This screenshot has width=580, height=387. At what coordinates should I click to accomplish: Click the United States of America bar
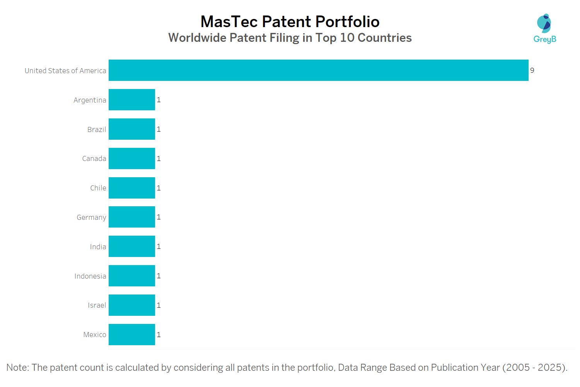click(318, 70)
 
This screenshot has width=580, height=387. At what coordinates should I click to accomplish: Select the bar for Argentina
click(132, 99)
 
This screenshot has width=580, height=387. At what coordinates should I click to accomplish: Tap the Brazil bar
click(132, 129)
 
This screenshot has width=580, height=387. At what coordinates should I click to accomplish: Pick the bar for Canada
click(132, 158)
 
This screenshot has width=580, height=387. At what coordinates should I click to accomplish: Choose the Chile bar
click(132, 188)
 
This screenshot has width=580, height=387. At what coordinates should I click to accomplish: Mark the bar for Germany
click(132, 217)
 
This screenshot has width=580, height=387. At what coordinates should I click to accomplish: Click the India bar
click(132, 246)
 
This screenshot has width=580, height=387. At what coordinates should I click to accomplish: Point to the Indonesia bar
click(132, 276)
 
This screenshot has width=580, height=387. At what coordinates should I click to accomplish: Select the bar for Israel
click(132, 305)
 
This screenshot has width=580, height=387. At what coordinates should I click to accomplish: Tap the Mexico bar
click(132, 334)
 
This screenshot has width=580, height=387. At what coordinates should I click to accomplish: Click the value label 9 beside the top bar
click(532, 70)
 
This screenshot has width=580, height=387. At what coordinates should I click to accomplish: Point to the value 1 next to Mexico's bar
click(159, 334)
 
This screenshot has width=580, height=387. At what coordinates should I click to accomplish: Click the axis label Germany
click(91, 217)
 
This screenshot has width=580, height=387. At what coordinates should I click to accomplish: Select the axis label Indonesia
click(90, 276)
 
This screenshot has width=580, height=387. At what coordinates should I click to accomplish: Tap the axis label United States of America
click(65, 71)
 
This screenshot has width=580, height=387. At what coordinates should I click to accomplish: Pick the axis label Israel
click(97, 305)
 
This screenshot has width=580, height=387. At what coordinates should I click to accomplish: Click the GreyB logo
click(544, 28)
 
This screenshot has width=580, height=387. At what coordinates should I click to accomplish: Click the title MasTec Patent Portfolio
click(290, 22)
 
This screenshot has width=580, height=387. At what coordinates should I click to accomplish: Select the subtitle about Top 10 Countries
click(290, 38)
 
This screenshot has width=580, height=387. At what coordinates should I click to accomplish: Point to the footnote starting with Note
click(287, 367)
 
